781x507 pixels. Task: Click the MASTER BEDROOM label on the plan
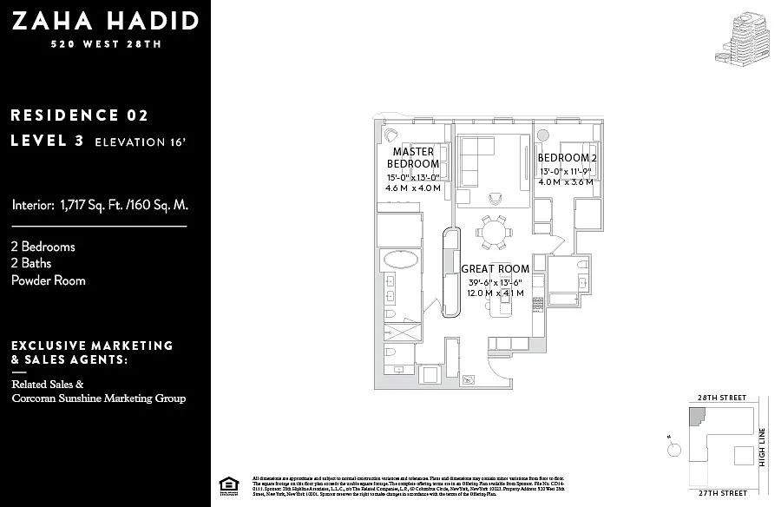412,158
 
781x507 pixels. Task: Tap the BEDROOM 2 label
567,158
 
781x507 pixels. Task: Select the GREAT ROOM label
495,269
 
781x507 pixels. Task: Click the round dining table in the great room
494,233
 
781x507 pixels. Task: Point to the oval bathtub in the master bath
400,260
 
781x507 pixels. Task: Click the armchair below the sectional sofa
495,196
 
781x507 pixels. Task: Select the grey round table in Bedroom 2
543,135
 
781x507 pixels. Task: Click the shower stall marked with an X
401,333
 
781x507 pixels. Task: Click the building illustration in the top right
743,38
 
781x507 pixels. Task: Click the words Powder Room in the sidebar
49,280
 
